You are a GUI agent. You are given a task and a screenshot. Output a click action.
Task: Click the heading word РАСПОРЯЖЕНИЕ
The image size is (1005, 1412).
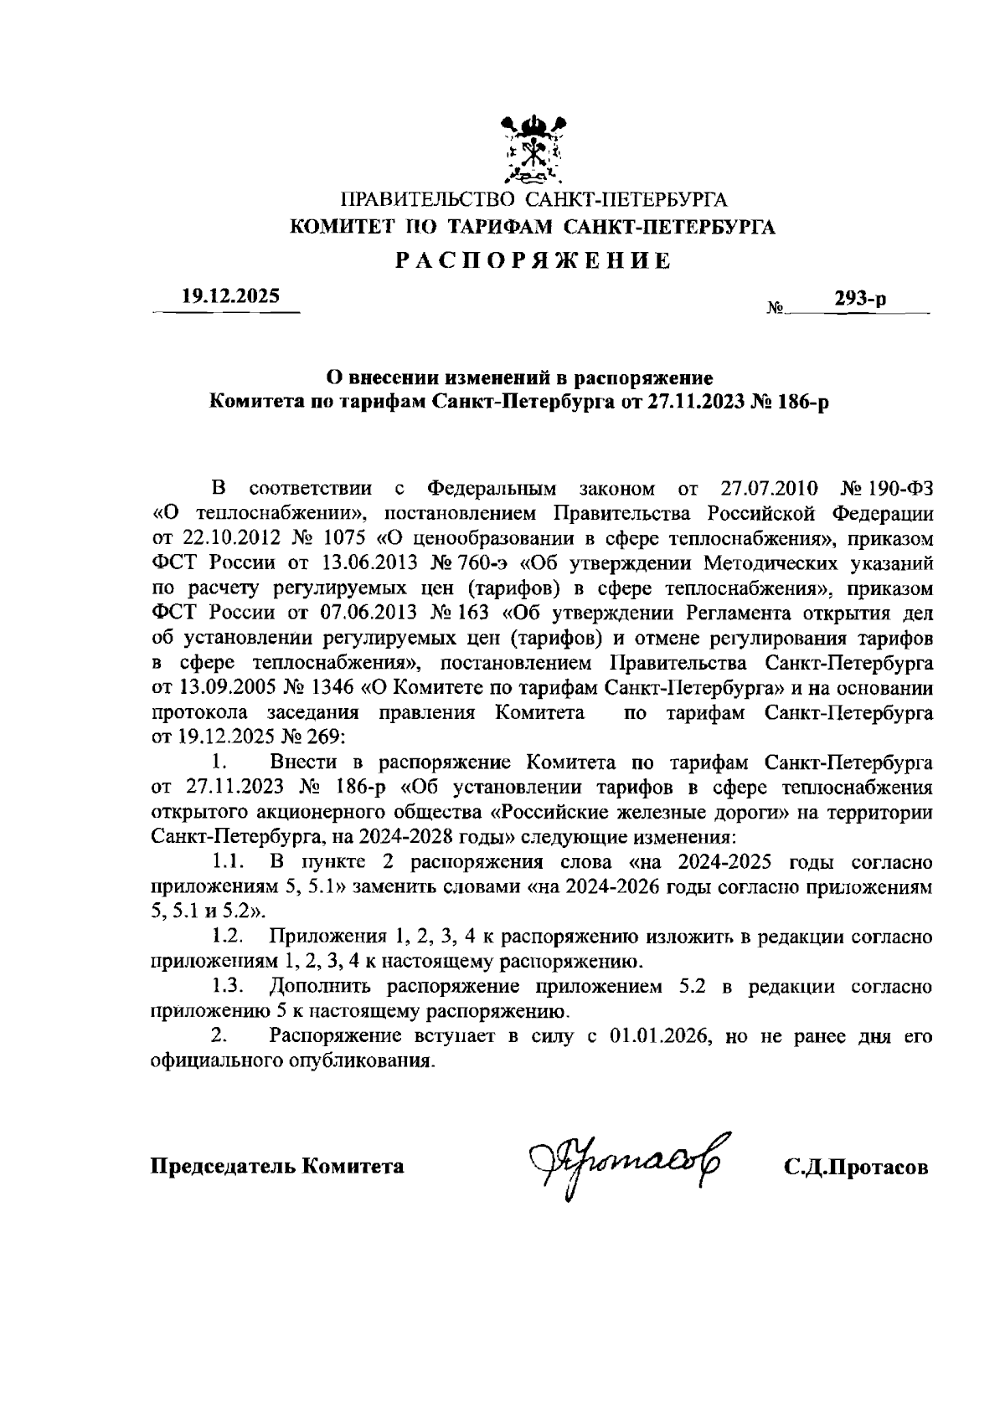pyautogui.click(x=533, y=261)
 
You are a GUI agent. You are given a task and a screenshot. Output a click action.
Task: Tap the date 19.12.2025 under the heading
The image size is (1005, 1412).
pyautogui.click(x=226, y=296)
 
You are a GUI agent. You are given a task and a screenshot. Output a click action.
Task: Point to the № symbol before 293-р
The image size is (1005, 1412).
pyautogui.click(x=775, y=308)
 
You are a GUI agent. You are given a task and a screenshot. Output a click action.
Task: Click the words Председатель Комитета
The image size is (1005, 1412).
pyautogui.click(x=277, y=1166)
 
